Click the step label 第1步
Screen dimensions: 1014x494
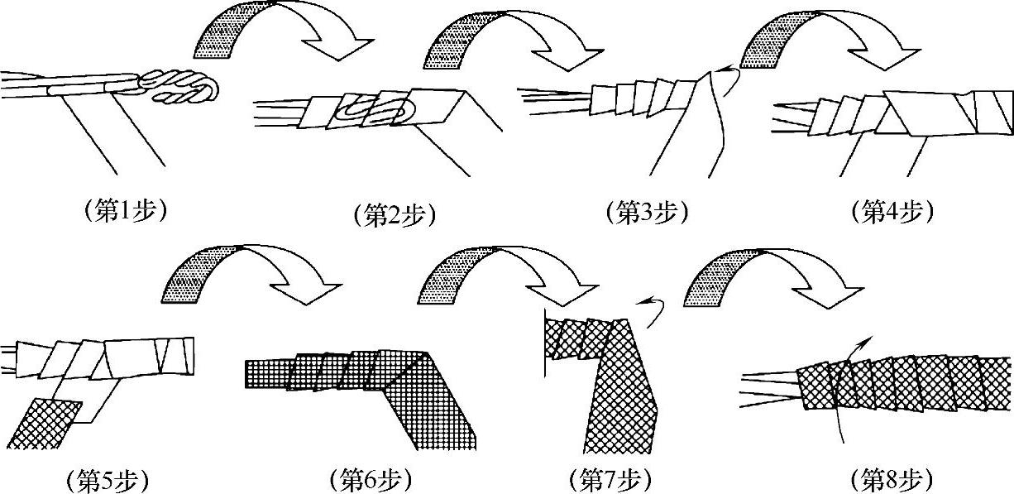click(126, 210)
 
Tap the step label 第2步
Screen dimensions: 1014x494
click(395, 215)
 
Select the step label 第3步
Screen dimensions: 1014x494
click(648, 213)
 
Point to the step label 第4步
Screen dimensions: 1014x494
click(892, 212)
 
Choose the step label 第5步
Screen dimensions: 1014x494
click(108, 480)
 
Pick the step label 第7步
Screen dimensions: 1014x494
click(610, 480)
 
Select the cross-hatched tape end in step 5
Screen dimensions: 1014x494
click(43, 424)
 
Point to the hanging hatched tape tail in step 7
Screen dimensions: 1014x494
click(620, 399)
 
